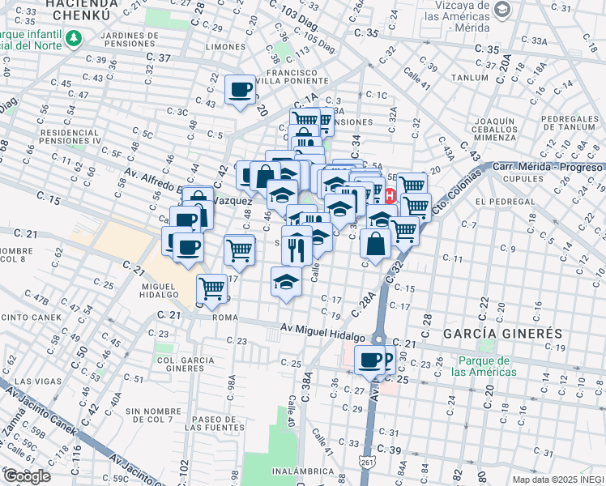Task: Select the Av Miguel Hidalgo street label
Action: (319, 327)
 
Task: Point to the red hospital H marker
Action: (390, 195)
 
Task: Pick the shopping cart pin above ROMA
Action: (211, 288)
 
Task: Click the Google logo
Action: (26, 475)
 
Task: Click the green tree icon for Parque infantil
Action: (75, 38)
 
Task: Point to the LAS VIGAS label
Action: (35, 381)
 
